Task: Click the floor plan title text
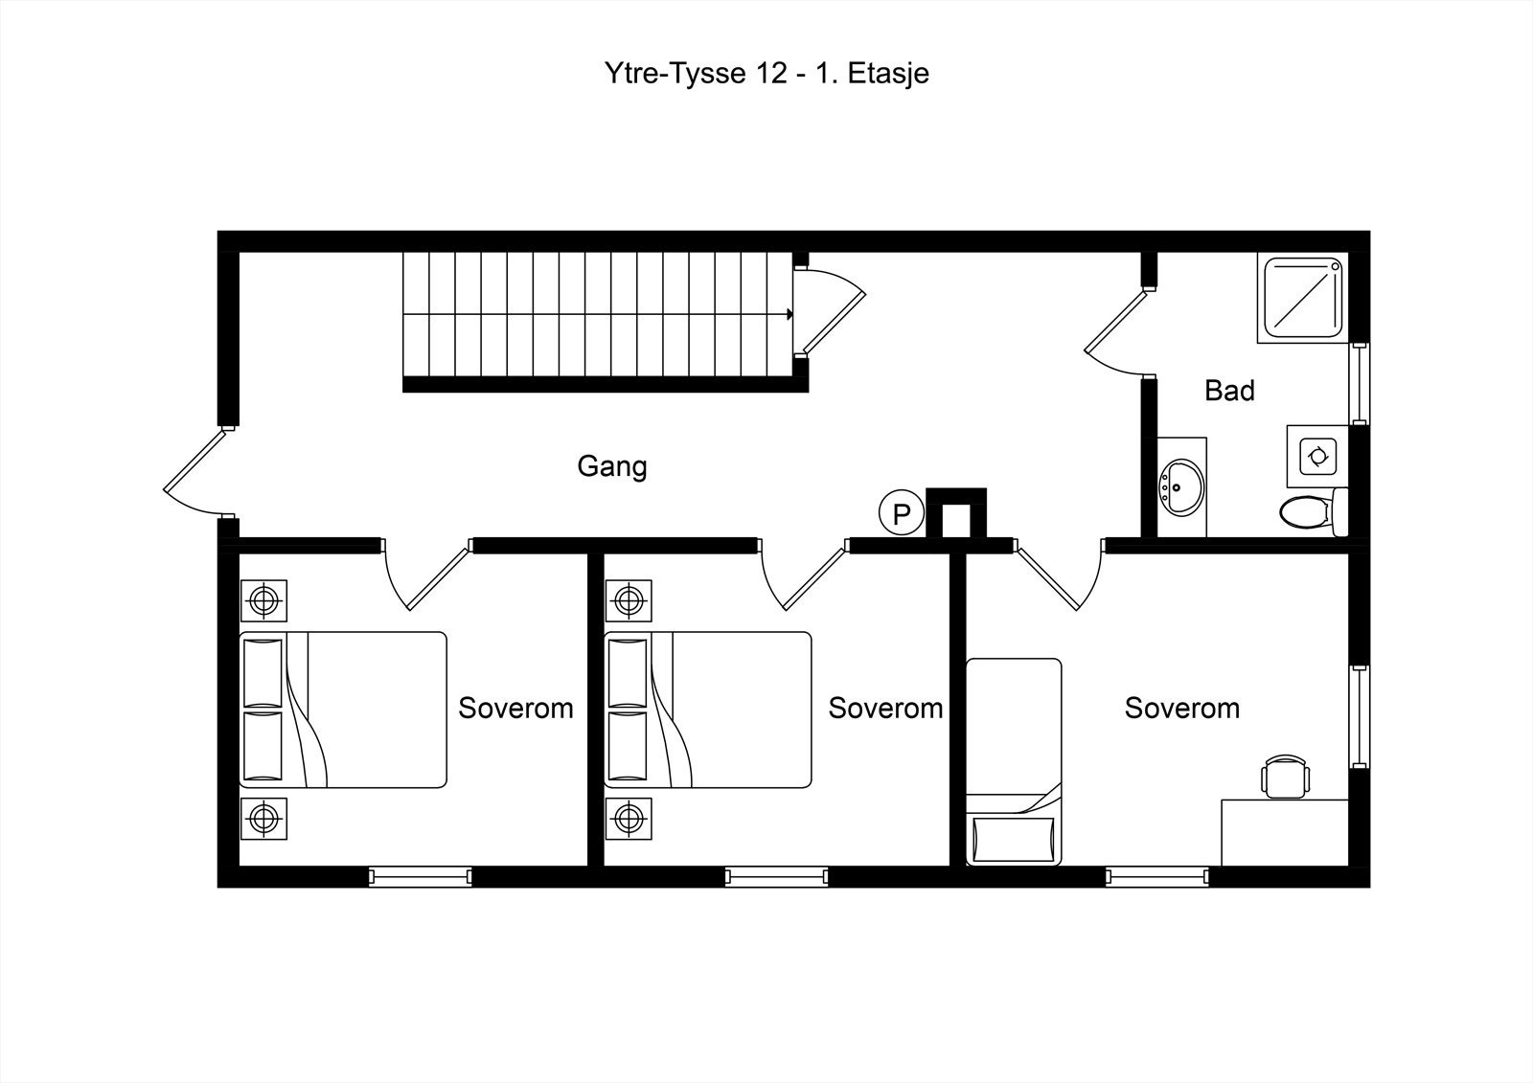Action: (766, 73)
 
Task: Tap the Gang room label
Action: (612, 467)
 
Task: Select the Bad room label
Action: (1229, 391)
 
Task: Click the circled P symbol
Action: (902, 511)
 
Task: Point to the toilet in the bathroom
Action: (1314, 512)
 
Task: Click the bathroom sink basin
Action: (1181, 487)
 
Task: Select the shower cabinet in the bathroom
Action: (1302, 298)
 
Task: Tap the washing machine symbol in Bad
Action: (1317, 457)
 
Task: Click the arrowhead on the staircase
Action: (789, 315)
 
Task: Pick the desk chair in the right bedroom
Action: (1285, 777)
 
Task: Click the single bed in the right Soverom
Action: (1014, 761)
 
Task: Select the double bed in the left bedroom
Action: (343, 710)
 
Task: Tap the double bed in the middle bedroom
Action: (708, 710)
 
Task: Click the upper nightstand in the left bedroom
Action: (263, 601)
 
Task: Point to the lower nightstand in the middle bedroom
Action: (629, 819)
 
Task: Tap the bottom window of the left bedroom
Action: (421, 876)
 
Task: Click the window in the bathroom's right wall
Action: (1360, 384)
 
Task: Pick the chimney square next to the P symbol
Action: (956, 513)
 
